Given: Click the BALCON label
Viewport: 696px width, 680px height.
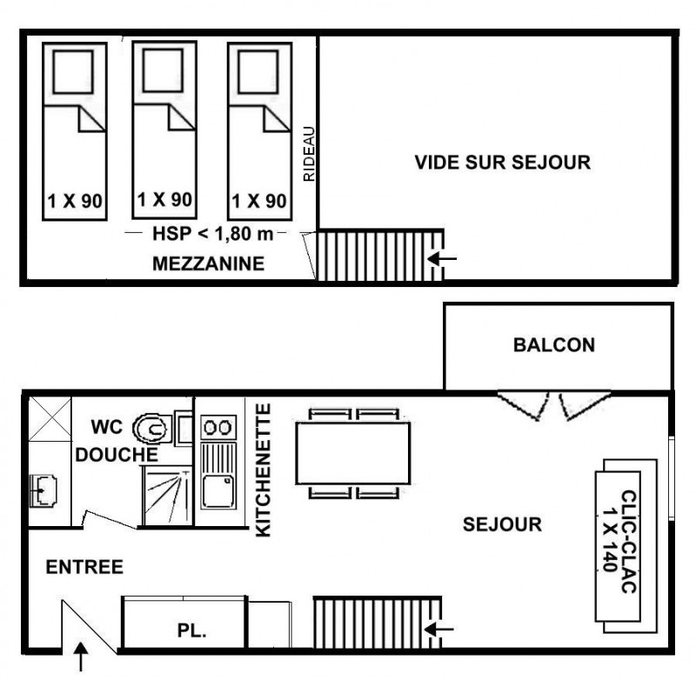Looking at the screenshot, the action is click(x=554, y=345).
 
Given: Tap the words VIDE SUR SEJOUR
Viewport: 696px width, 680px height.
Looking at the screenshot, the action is click(x=503, y=163).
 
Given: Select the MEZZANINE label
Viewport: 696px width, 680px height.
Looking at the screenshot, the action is click(x=208, y=263).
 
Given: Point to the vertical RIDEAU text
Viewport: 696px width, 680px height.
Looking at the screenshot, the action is click(x=309, y=154).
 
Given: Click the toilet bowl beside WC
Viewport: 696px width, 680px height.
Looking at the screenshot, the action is click(x=152, y=428).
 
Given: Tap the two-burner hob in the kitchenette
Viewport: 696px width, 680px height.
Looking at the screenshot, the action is click(x=218, y=427).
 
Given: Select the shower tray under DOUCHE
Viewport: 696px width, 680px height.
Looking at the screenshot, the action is click(x=167, y=496).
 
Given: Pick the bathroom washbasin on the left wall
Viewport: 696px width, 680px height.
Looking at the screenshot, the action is click(x=43, y=490).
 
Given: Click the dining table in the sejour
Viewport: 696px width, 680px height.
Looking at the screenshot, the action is click(x=353, y=453).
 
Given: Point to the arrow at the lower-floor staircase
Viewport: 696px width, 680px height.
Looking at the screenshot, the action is click(x=439, y=629).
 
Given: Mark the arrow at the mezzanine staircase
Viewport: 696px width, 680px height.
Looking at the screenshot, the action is click(x=442, y=258).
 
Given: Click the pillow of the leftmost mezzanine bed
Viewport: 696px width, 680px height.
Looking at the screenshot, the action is click(x=73, y=72).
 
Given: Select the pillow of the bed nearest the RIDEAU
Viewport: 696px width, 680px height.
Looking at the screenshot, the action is click(x=258, y=72).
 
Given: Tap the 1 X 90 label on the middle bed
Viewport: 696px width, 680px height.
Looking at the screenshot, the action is click(x=164, y=200).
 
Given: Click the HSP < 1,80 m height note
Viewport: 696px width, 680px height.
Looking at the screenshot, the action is click(x=212, y=233).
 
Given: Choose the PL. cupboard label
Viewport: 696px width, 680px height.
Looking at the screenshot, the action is click(x=192, y=630).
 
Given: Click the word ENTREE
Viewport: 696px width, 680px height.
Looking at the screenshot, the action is click(x=84, y=567).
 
